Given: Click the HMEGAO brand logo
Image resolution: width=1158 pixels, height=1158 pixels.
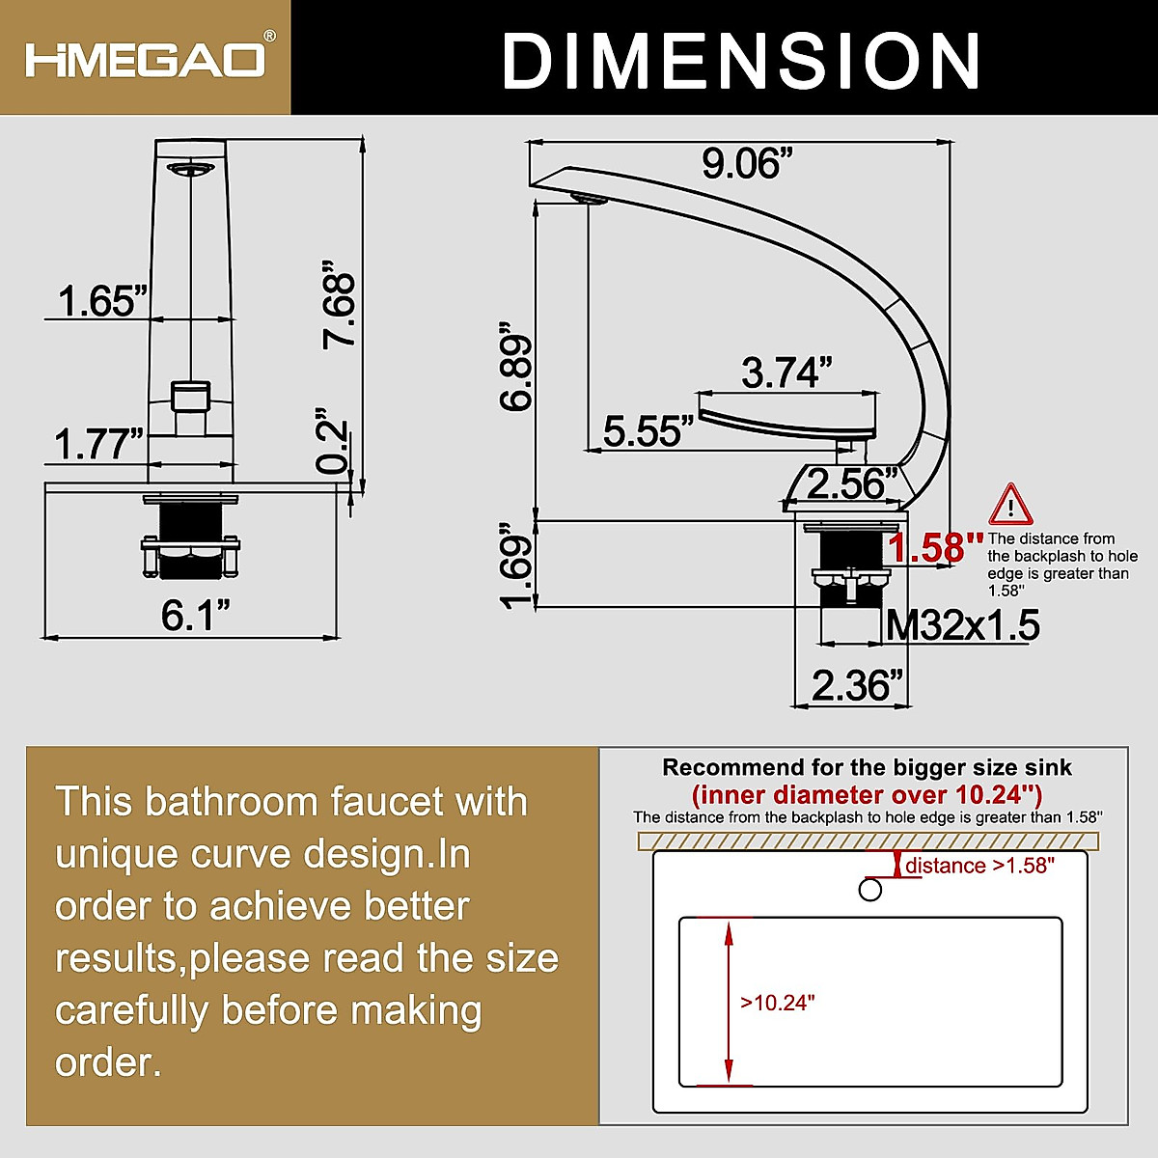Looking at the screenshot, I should pos(145,57).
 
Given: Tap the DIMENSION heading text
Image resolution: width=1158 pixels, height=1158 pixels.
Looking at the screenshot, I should pos(740,60).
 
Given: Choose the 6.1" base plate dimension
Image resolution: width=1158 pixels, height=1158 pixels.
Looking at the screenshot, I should pos(196,615).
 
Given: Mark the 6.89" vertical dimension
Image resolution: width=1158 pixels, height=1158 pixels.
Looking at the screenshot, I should pos(517,373).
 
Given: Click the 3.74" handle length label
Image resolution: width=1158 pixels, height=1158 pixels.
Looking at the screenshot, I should pos(786,372).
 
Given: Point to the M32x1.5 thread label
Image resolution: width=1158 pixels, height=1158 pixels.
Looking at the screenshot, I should pos(962,626).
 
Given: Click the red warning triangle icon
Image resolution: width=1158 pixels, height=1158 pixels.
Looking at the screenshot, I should pos(1009,506).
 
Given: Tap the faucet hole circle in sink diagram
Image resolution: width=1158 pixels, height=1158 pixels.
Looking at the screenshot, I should pos(870,889).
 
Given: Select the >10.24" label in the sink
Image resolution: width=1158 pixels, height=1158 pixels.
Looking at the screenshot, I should pos(778,1003).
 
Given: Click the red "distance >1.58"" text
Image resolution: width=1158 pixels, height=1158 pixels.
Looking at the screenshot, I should pos(979,866).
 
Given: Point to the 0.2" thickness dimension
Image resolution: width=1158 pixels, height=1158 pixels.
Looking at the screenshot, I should pos(332,447).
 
